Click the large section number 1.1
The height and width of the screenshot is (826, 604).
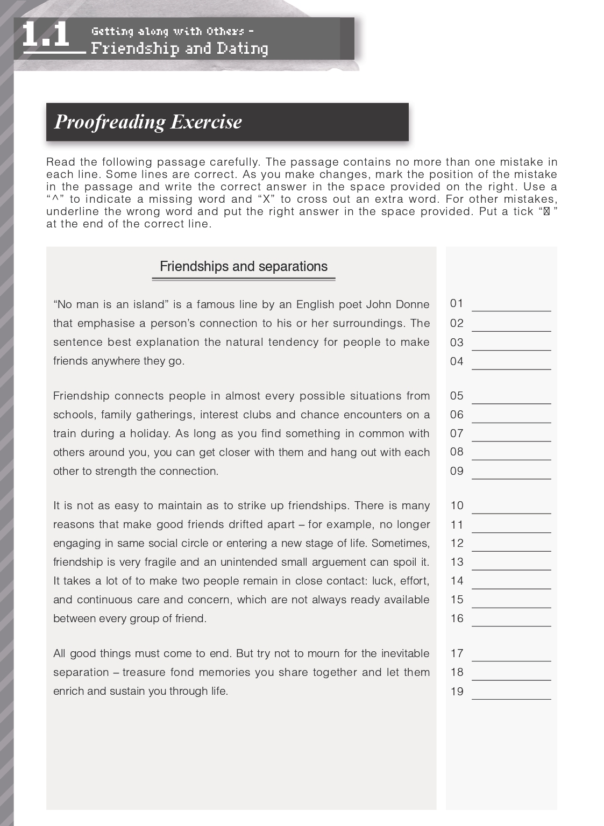[x=46, y=35]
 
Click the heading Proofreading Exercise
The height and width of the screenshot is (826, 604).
[x=148, y=122]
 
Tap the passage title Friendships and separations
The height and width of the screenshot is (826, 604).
[x=243, y=267]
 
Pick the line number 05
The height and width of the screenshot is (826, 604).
[x=457, y=396]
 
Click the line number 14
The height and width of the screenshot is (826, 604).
[x=457, y=581]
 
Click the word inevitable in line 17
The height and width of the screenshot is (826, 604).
[x=405, y=653]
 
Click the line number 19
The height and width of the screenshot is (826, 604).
[x=457, y=692]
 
